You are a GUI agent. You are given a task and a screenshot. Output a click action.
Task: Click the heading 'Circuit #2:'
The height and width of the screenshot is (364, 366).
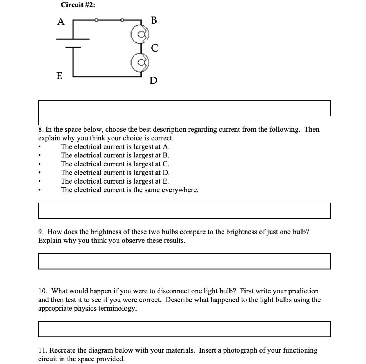(78, 5)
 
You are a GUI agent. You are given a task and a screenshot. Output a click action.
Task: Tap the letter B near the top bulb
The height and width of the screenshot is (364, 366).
(154, 20)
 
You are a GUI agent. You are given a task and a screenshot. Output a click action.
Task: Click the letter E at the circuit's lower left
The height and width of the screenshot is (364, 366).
(59, 76)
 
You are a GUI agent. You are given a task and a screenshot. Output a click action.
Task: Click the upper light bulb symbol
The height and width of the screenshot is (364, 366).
(139, 35)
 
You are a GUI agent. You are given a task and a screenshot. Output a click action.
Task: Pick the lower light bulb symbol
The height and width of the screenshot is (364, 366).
(139, 63)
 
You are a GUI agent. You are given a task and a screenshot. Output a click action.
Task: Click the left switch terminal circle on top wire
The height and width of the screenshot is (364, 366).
(95, 20)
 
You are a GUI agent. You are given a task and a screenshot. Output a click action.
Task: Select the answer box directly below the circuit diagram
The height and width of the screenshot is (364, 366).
(184, 108)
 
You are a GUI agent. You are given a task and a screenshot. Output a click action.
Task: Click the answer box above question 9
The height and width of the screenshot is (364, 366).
(184, 210)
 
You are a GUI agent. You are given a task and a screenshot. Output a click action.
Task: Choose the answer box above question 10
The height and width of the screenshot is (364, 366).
(184, 261)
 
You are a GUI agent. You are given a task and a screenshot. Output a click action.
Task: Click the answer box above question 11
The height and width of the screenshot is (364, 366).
(184, 329)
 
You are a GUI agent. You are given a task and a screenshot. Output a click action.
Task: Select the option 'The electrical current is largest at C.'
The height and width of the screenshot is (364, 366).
(115, 164)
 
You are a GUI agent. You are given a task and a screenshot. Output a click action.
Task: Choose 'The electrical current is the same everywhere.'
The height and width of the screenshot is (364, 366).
(129, 190)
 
